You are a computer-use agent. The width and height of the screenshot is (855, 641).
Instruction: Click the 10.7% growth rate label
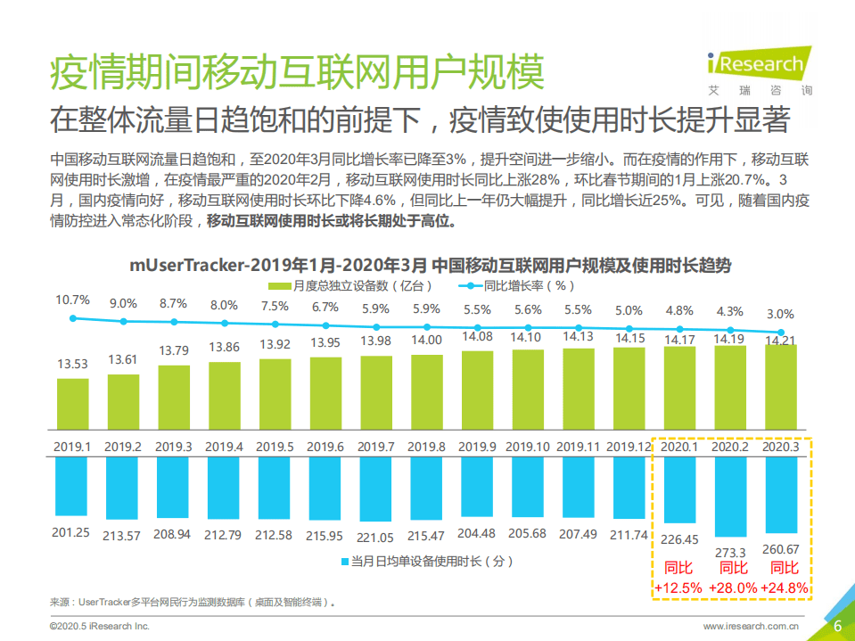pyautogui.click(x=72, y=300)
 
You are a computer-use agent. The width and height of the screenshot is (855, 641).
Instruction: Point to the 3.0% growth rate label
pyautogui.click(x=780, y=314)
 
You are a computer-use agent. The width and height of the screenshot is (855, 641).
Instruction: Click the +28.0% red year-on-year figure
pyautogui.click(x=733, y=588)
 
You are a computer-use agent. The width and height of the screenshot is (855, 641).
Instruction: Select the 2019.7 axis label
pyautogui.click(x=376, y=446)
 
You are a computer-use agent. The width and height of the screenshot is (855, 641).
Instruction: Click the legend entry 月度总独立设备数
pyautogui.click(x=352, y=286)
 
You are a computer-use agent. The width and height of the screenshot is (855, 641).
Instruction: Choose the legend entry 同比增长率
pyautogui.click(x=517, y=286)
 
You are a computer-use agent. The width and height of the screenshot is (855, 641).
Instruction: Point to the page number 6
pyautogui.click(x=837, y=626)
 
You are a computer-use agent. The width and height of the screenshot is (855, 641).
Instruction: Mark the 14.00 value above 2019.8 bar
pyautogui.click(x=427, y=340)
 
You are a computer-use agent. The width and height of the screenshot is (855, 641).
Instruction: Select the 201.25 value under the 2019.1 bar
pyautogui.click(x=71, y=534)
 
